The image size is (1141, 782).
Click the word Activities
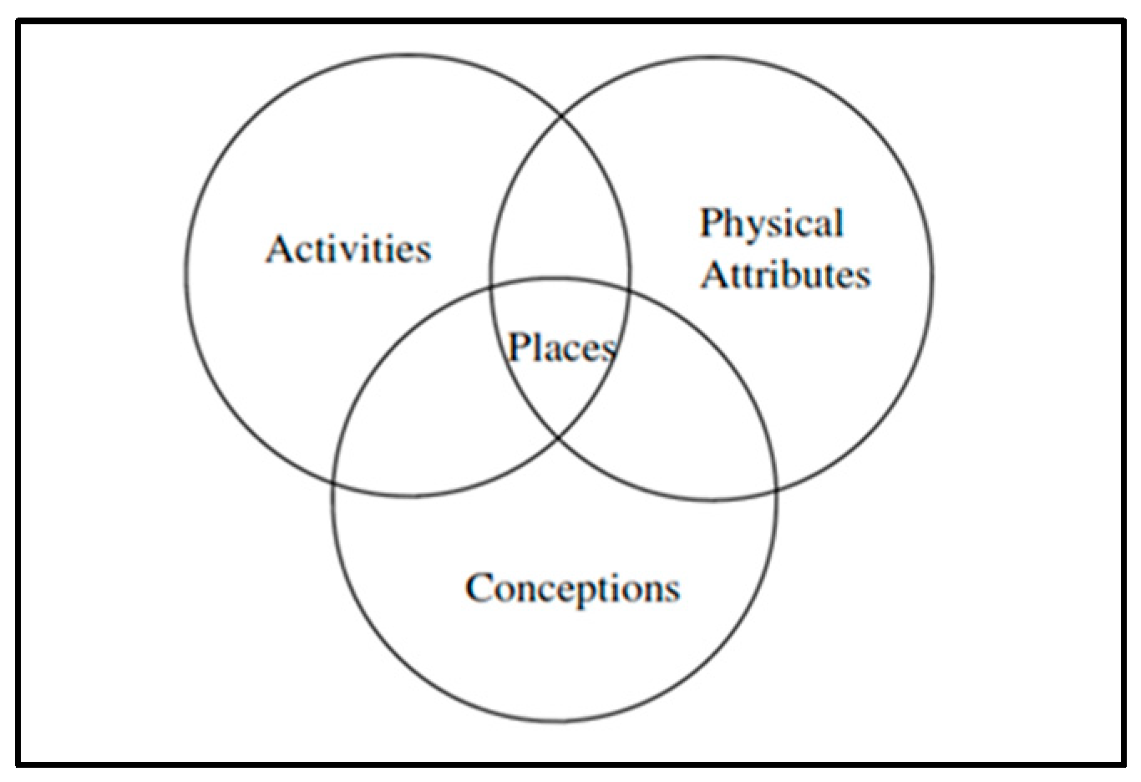[x=348, y=249]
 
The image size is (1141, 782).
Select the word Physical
[x=771, y=224]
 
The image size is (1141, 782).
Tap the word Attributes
[x=785, y=275]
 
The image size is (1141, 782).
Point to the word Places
[x=562, y=346]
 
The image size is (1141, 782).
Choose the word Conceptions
[x=572, y=587]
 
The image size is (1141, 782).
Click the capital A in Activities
[x=279, y=249]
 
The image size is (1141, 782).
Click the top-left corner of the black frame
[x=18, y=23]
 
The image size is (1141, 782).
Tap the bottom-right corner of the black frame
[x=1123, y=763]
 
